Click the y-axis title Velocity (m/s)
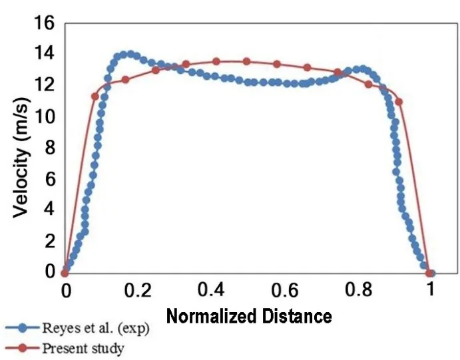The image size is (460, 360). [22, 148]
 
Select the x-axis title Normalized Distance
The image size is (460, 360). [248, 315]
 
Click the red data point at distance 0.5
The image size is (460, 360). [246, 61]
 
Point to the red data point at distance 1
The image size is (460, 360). [430, 273]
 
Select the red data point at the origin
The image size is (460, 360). [65, 273]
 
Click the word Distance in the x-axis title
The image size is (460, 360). [299, 315]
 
